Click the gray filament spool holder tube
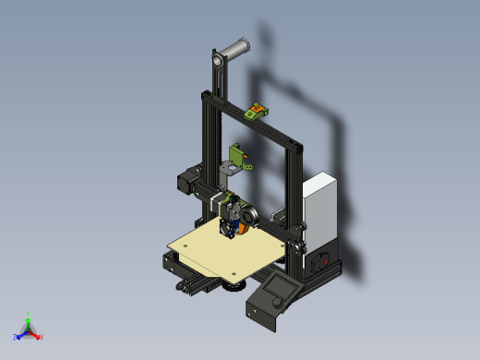(x=234, y=48)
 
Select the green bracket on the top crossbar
(x=257, y=112)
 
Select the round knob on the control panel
(x=274, y=304)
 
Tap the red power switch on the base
(x=323, y=261)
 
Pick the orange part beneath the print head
(x=243, y=227)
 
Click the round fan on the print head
(x=246, y=213)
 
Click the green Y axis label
(x=29, y=314)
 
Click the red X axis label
(x=41, y=337)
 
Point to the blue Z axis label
(x=16, y=337)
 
